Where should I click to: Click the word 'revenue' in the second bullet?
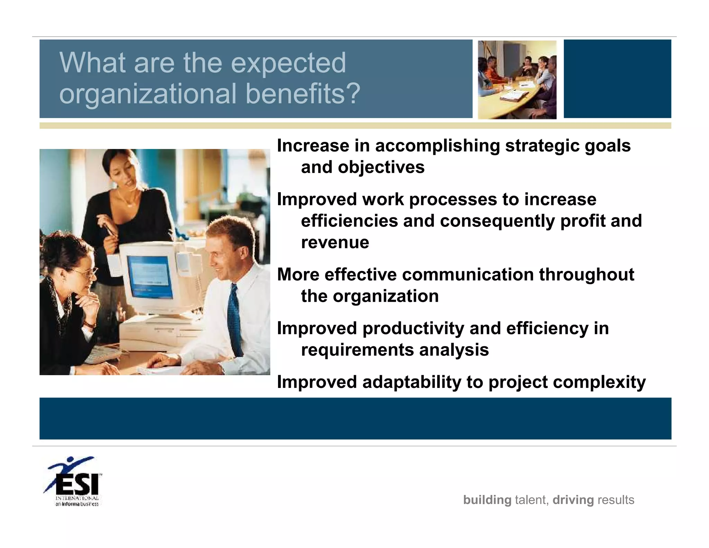click(x=335, y=242)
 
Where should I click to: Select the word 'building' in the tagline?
click(x=487, y=500)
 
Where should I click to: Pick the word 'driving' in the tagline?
click(x=573, y=500)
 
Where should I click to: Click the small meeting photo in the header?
click(x=517, y=80)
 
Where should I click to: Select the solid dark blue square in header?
click(x=617, y=79)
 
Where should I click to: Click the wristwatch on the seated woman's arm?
click(x=90, y=325)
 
